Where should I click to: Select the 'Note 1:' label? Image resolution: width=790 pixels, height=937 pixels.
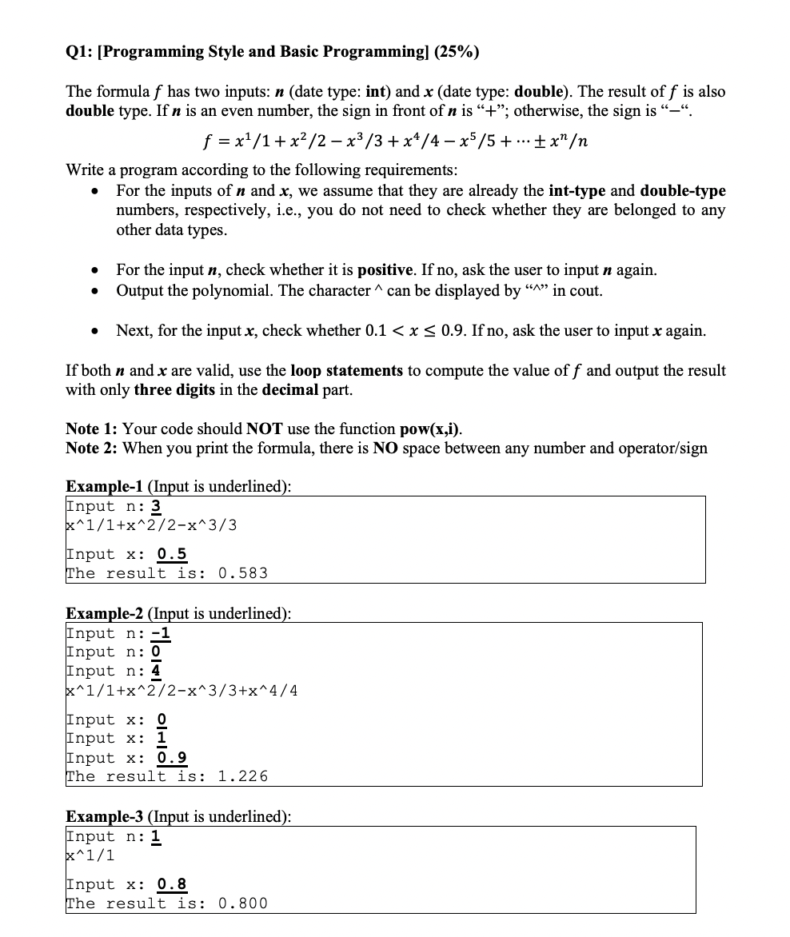point(92,429)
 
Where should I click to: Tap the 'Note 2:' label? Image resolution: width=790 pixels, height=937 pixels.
point(92,448)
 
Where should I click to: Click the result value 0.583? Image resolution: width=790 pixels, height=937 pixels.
point(243,573)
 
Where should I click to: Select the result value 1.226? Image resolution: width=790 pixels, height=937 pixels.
point(243,776)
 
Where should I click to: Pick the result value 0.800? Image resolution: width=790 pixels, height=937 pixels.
point(243,903)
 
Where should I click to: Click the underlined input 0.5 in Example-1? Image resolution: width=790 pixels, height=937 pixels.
point(172,554)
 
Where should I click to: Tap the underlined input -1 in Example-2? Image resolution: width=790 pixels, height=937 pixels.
point(161,633)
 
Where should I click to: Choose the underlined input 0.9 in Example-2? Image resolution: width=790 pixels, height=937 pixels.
point(172,757)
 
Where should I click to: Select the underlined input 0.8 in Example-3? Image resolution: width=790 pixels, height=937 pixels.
point(172,884)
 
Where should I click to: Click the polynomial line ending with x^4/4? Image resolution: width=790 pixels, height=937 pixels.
point(182,691)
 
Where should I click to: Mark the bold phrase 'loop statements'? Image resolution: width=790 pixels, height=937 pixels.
point(346,371)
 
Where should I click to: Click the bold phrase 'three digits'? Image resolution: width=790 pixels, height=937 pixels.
point(175,390)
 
